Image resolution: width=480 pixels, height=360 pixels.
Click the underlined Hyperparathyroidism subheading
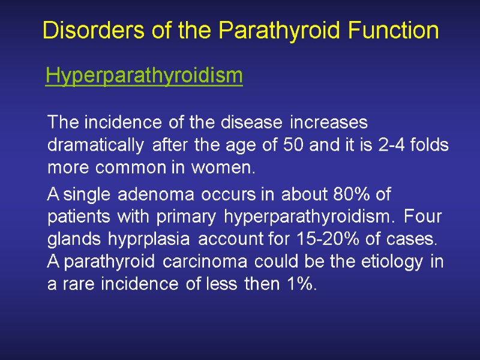click(144, 76)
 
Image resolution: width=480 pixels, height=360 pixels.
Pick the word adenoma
click(156, 195)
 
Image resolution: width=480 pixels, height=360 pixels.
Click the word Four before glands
click(422, 217)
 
